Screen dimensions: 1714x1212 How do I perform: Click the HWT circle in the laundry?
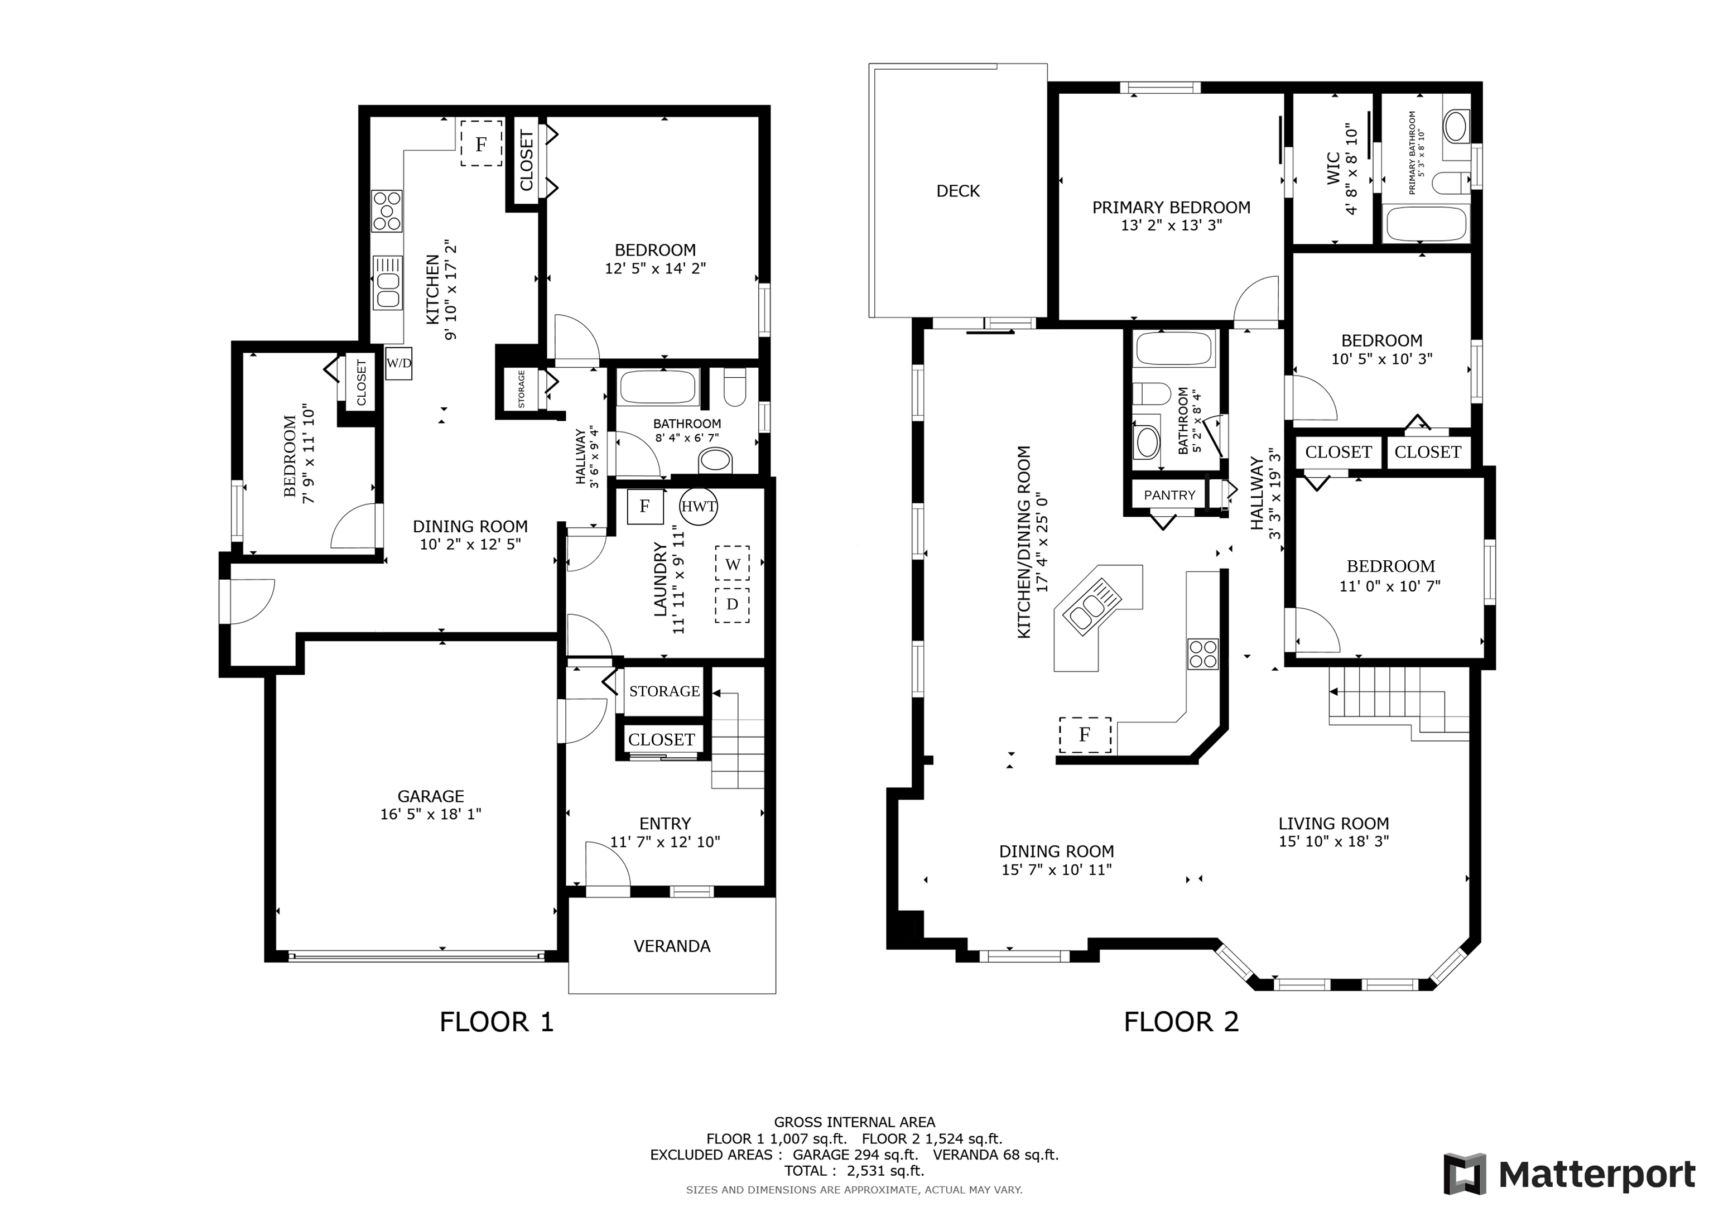(699, 506)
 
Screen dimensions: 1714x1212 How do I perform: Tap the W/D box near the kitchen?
(398, 364)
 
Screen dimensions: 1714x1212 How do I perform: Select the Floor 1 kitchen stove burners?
(387, 210)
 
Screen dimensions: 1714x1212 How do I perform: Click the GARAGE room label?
(431, 796)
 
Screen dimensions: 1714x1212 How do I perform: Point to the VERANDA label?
(672, 946)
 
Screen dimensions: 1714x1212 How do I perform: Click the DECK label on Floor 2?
(958, 191)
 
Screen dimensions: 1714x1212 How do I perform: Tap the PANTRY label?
(1170, 495)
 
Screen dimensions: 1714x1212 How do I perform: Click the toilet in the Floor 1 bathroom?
(735, 387)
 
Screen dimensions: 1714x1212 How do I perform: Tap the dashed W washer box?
(733, 564)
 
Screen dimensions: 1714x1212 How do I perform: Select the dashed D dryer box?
(733, 605)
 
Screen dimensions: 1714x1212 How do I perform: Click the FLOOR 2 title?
(1182, 1022)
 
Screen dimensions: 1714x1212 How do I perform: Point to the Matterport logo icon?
(1465, 1175)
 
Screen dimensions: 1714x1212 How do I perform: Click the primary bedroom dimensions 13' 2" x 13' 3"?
(1171, 225)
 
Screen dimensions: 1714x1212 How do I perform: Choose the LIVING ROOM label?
(1333, 824)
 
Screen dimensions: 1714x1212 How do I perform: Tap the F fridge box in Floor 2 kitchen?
(1085, 735)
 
